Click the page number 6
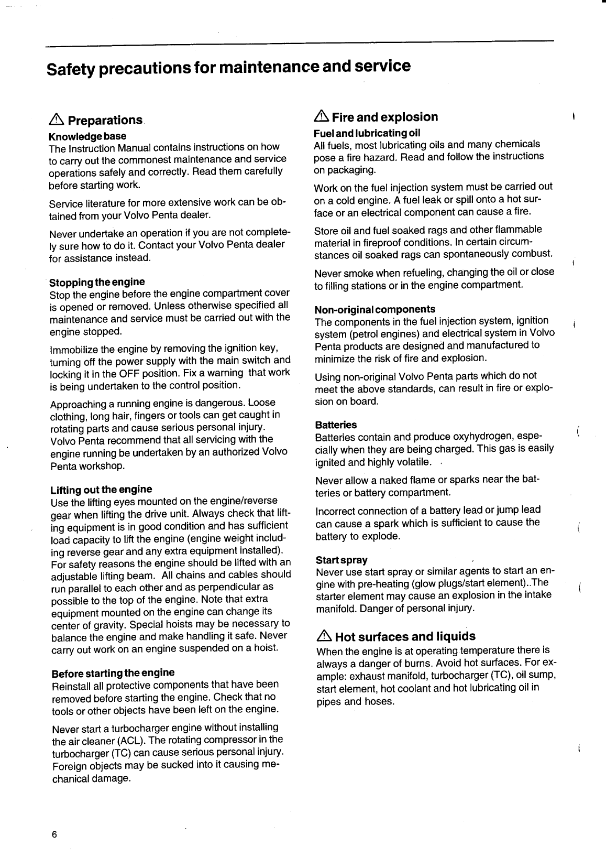pyautogui.click(x=53, y=834)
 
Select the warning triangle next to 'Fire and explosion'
pyautogui.click(x=321, y=117)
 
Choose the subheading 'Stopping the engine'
pyautogui.click(x=97, y=282)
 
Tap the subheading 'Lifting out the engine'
pyautogui.click(x=101, y=490)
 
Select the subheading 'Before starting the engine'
pyautogui.click(x=113, y=672)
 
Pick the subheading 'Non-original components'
pyautogui.click(x=375, y=309)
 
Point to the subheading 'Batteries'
pyautogui.click(x=336, y=425)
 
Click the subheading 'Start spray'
pyautogui.click(x=341, y=560)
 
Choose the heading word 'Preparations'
pyautogui.click(x=105, y=121)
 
